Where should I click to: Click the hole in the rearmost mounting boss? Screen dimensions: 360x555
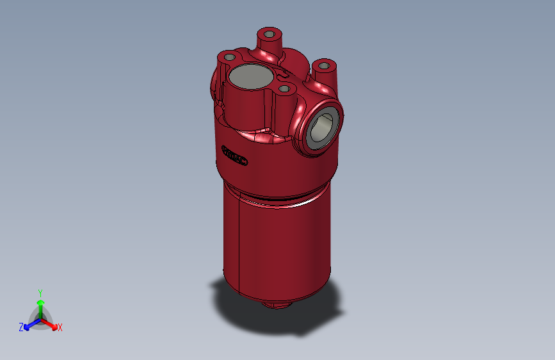click(x=269, y=33)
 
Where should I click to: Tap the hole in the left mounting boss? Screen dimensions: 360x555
click(x=228, y=57)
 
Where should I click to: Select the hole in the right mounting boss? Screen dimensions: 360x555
click(x=325, y=65)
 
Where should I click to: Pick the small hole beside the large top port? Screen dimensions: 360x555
click(x=284, y=88)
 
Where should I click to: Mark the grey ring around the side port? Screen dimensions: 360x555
click(x=312, y=135)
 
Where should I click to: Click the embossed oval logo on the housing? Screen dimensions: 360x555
click(x=235, y=156)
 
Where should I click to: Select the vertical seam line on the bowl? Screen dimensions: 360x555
click(x=239, y=243)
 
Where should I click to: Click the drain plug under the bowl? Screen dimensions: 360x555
click(x=276, y=304)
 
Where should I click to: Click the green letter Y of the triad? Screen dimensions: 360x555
click(x=40, y=291)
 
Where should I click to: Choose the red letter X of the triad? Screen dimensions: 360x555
click(x=60, y=328)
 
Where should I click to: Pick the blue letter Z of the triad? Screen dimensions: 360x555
click(x=21, y=327)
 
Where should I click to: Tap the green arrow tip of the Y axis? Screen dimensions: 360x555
click(x=40, y=301)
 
